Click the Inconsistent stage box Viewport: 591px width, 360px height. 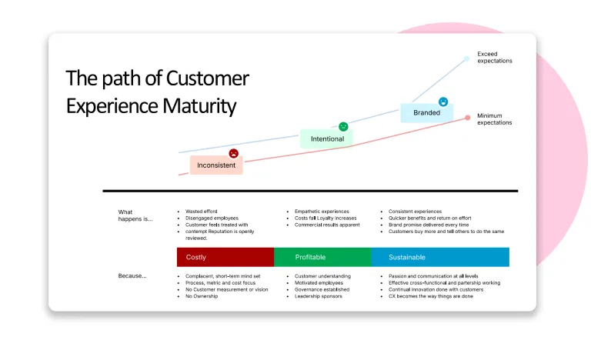[216, 165]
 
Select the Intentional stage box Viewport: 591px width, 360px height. [326, 139]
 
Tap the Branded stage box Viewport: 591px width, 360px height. [426, 112]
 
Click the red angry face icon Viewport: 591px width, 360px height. [233, 153]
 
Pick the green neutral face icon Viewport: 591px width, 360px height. [343, 126]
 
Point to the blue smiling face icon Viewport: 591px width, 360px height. [443, 102]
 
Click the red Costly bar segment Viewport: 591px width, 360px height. [225, 257]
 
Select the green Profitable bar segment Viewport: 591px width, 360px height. [322, 257]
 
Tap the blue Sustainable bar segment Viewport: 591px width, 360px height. [439, 257]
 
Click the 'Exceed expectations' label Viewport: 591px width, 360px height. [494, 58]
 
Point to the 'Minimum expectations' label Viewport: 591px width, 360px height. [494, 119]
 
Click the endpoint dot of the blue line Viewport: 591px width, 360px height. [467, 58]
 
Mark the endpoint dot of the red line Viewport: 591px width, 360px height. [467, 118]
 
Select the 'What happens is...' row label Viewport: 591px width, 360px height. [135, 215]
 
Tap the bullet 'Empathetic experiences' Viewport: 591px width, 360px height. [322, 211]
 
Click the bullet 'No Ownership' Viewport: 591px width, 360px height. [202, 296]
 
